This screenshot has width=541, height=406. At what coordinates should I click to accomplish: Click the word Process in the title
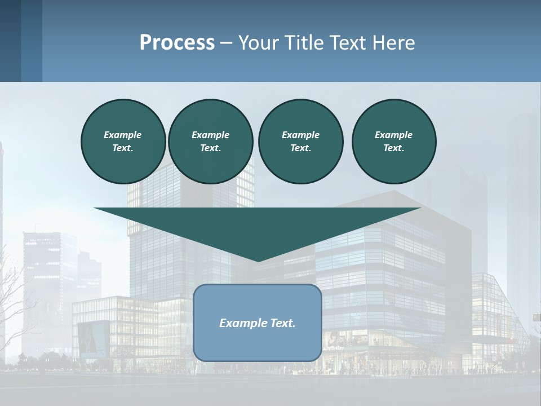(177, 43)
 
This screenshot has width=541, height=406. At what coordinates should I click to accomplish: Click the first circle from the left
(123, 142)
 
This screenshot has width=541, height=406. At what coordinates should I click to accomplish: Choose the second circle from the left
(210, 142)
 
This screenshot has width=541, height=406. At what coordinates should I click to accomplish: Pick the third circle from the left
(300, 142)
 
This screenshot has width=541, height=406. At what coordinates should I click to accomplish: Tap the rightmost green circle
(394, 142)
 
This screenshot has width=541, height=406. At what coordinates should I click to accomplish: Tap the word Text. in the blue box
(283, 323)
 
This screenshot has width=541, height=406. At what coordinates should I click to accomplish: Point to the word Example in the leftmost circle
(123, 135)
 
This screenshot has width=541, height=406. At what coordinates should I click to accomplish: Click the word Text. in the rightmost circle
(394, 148)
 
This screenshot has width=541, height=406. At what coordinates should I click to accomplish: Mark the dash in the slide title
(226, 43)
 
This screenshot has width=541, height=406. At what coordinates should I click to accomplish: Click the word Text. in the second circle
(210, 148)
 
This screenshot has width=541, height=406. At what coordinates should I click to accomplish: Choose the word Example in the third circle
(300, 135)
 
